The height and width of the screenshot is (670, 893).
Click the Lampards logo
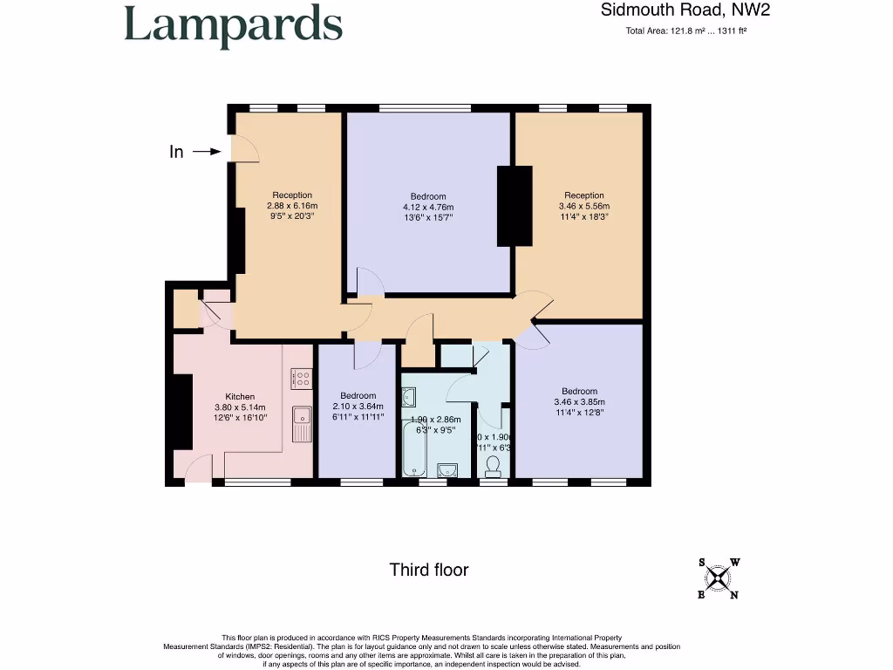(x=233, y=25)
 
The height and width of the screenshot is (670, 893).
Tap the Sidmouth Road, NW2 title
(x=685, y=10)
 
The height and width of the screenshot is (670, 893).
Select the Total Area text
(x=685, y=31)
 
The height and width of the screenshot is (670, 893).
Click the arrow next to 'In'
(x=208, y=152)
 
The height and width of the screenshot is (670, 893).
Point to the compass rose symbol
(x=718, y=578)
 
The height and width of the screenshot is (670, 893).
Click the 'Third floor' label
(x=428, y=570)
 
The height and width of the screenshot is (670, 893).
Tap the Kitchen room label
(x=240, y=396)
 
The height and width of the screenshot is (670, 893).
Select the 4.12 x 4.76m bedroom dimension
(x=428, y=207)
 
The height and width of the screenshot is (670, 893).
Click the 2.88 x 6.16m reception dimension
(x=291, y=206)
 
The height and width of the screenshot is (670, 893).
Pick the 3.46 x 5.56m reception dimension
(x=583, y=206)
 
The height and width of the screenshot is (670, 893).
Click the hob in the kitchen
(x=302, y=379)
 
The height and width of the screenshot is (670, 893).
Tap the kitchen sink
(x=302, y=425)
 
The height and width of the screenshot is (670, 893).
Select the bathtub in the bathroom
(x=415, y=447)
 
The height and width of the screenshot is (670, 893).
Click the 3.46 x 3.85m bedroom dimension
(x=579, y=401)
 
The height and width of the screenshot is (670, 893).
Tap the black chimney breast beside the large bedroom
(x=514, y=206)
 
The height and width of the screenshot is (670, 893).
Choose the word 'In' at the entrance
(x=176, y=152)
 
